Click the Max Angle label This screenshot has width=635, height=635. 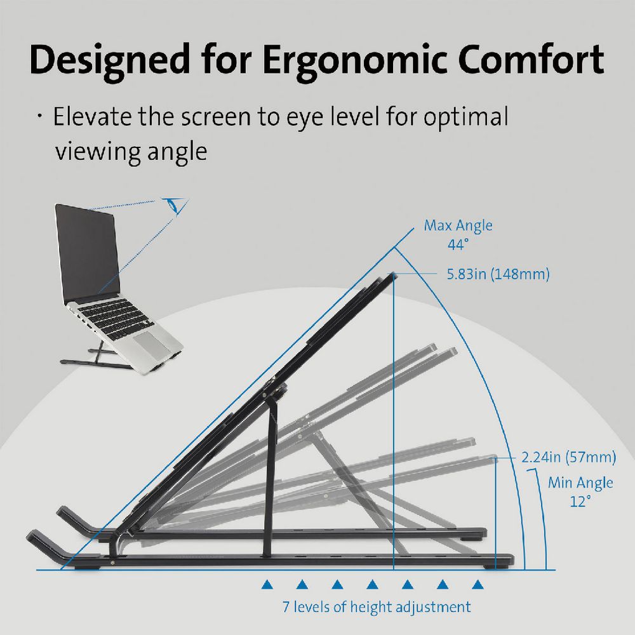[458, 225]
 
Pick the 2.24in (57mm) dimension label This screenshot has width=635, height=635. [568, 457]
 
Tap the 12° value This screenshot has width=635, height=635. [580, 501]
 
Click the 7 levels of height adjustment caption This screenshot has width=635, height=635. [377, 606]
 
